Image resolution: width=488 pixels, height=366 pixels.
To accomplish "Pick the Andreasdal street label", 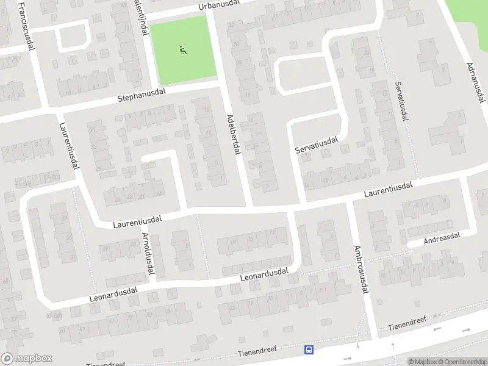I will click(x=442, y=237).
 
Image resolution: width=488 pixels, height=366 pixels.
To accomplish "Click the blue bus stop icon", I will click(x=309, y=350).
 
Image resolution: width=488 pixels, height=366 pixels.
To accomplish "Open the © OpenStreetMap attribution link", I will click(x=461, y=362).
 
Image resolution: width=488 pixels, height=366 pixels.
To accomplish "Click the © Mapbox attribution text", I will click(x=422, y=362).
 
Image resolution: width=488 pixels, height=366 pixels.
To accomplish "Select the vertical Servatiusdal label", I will click(x=401, y=101).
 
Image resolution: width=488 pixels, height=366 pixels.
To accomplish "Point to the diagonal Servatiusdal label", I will click(x=317, y=145).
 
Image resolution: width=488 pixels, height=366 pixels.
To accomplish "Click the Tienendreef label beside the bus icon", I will click(x=257, y=350).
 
